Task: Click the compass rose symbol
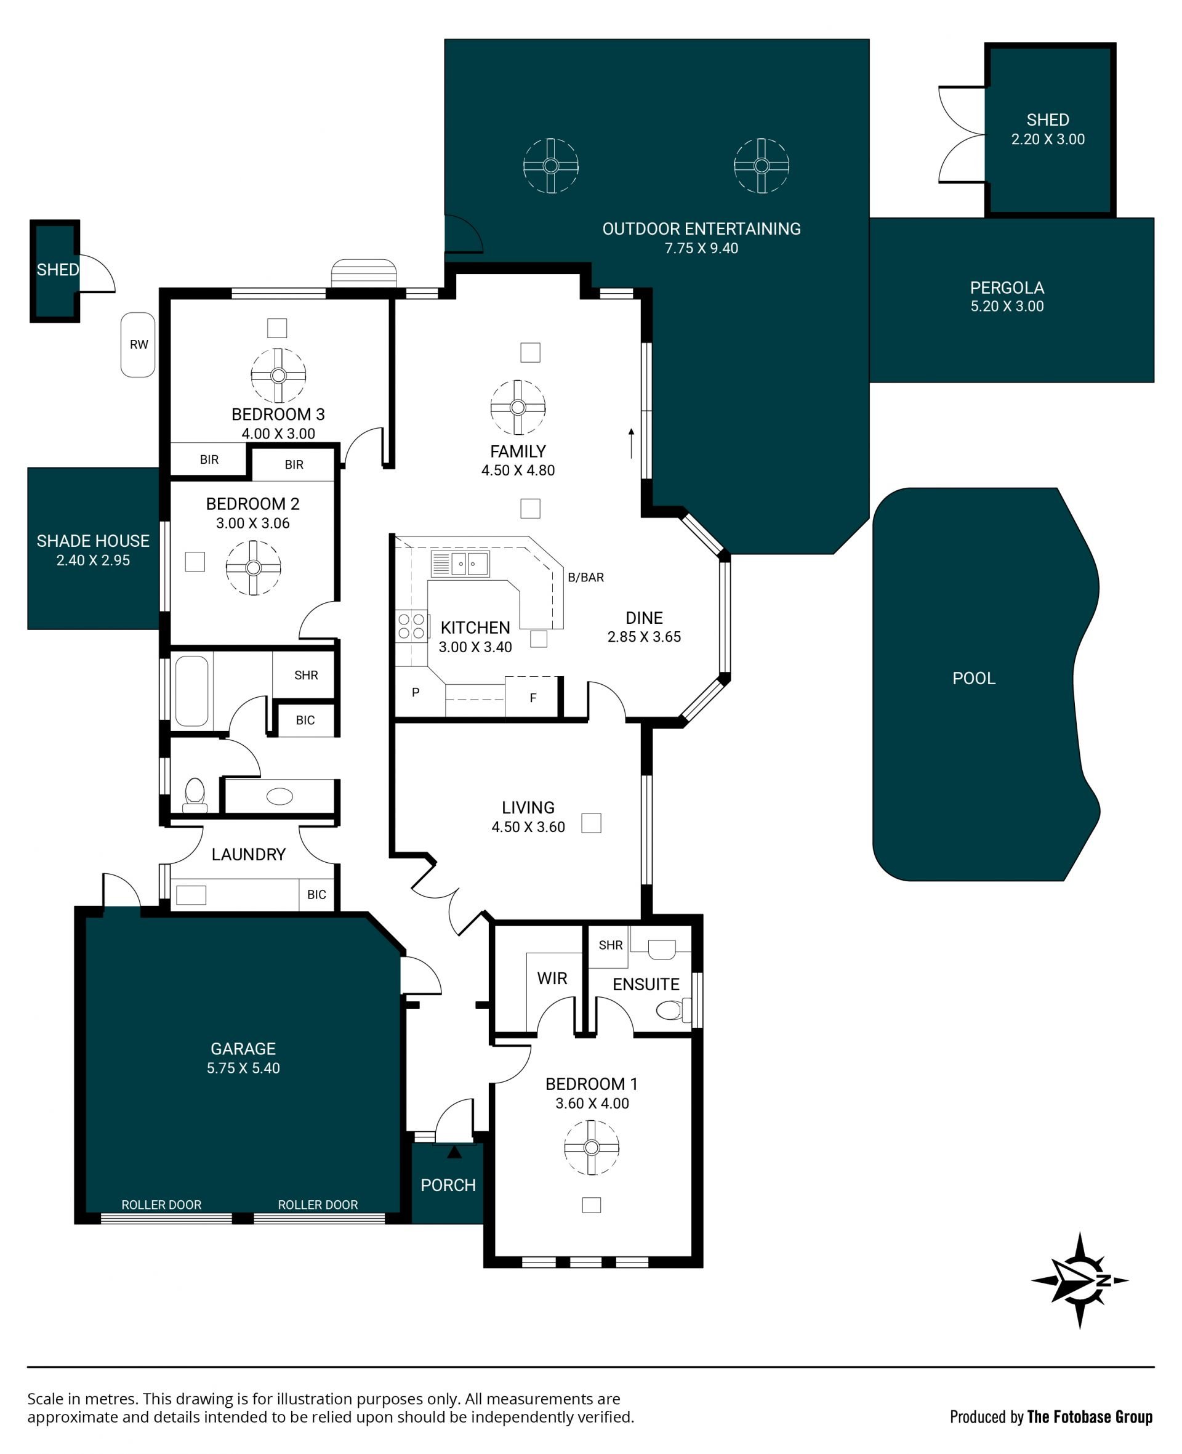(x=1079, y=1280)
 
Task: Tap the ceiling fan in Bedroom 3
(x=278, y=375)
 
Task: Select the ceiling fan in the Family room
(x=518, y=407)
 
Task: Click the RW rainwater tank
(x=139, y=345)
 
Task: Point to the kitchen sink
(x=460, y=564)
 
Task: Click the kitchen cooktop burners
(x=411, y=626)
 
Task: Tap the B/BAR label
(x=585, y=578)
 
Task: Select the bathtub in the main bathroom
(x=192, y=691)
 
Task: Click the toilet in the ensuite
(x=672, y=1010)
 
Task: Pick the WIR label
(x=552, y=979)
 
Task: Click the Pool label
(x=974, y=678)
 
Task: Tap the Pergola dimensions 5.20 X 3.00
(x=1007, y=307)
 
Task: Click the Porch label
(x=448, y=1185)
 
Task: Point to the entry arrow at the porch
(x=454, y=1152)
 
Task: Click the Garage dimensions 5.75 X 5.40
(x=243, y=1068)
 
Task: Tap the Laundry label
(x=249, y=855)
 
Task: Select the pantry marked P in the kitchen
(x=416, y=693)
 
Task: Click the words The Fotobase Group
(x=1090, y=1416)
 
